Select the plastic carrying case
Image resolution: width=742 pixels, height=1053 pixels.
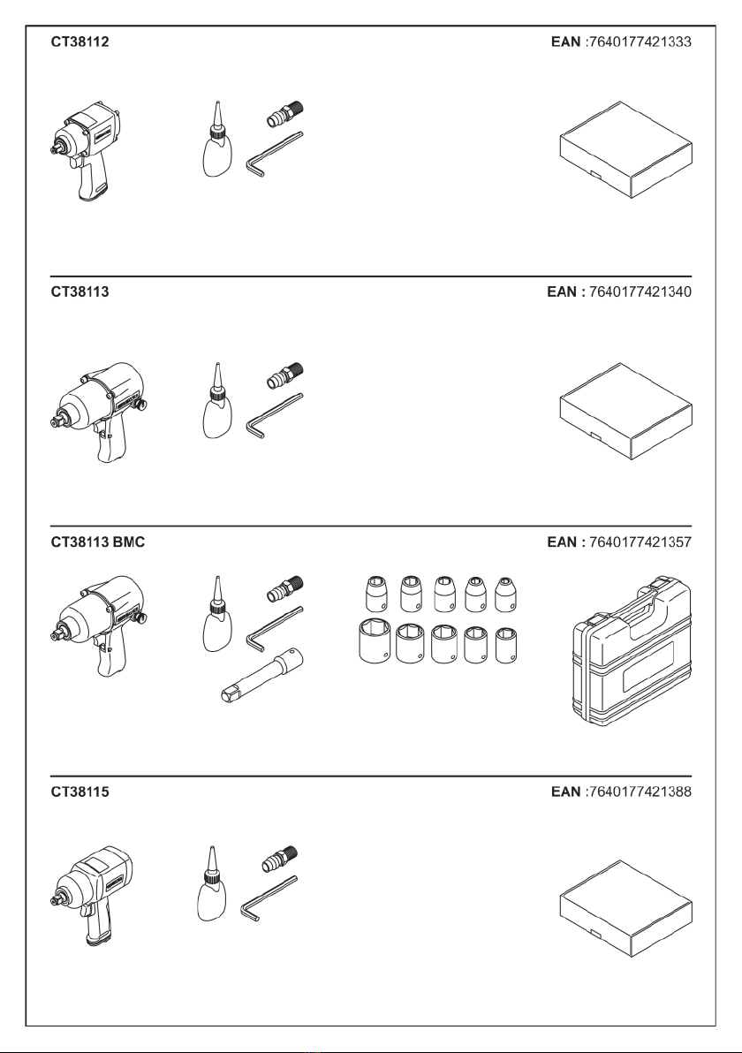click(633, 657)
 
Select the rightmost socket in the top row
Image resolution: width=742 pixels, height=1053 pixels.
click(505, 594)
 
